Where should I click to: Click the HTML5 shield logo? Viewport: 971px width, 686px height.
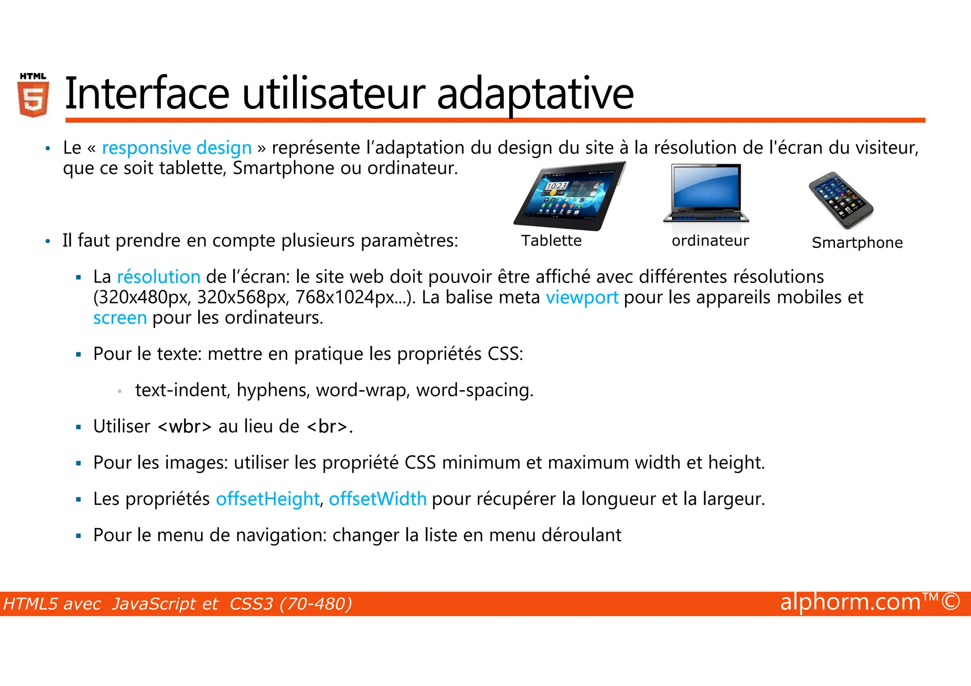click(x=33, y=96)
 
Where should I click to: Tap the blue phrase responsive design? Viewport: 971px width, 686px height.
click(x=176, y=148)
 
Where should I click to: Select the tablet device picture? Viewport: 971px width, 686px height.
click(x=569, y=196)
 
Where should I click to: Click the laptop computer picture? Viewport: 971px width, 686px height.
click(x=706, y=193)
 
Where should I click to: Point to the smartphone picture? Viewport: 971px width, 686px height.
click(x=841, y=200)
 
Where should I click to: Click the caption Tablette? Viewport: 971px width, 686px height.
click(x=551, y=241)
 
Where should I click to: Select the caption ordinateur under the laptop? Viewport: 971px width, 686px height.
click(x=710, y=241)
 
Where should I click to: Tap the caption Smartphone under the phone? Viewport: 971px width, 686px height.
click(x=857, y=243)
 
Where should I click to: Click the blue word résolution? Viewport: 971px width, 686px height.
click(x=159, y=277)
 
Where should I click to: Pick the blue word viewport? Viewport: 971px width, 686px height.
click(x=582, y=298)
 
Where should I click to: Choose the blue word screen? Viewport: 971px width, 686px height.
click(x=120, y=318)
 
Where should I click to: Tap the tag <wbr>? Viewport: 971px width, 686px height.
click(x=184, y=427)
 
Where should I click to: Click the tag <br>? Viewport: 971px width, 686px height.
click(x=328, y=427)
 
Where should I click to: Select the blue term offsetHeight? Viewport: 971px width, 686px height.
click(x=267, y=499)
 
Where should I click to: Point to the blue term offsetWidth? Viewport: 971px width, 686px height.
click(x=377, y=499)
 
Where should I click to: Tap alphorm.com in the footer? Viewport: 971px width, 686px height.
click(x=851, y=602)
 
